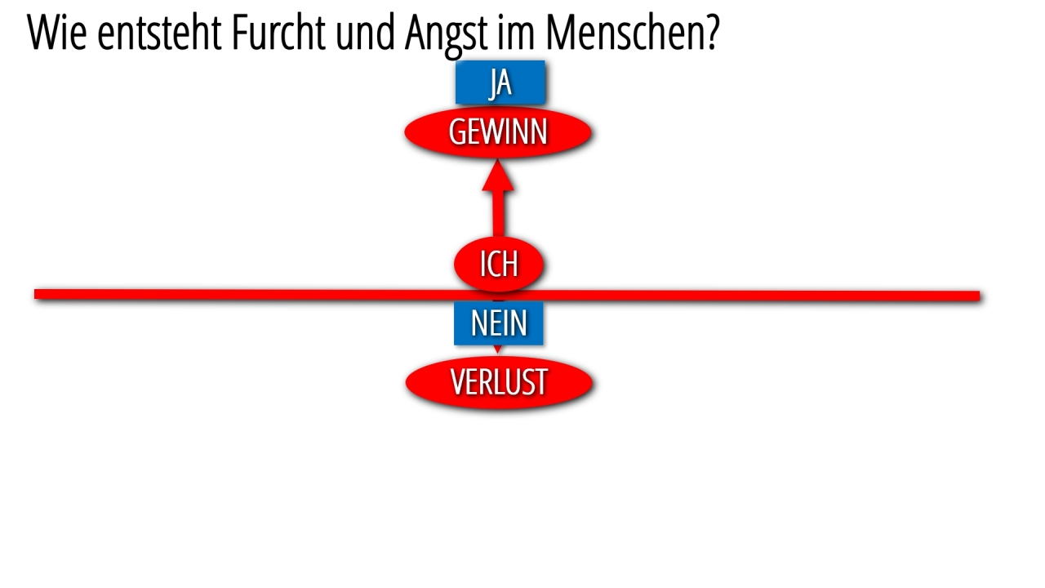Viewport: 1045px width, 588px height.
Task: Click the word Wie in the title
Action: tap(57, 33)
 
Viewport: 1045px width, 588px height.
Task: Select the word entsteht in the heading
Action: tap(159, 33)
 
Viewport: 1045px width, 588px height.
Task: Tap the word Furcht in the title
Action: tap(278, 32)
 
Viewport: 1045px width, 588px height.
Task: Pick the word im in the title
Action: tap(516, 33)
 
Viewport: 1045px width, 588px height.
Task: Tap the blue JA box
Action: tap(500, 82)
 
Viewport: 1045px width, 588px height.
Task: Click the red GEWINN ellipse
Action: tap(498, 132)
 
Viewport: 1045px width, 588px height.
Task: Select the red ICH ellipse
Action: tap(499, 264)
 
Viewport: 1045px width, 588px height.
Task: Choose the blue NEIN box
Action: tap(499, 323)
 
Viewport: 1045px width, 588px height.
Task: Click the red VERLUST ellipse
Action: tap(499, 383)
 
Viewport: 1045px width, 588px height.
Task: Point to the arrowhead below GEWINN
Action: tap(498, 175)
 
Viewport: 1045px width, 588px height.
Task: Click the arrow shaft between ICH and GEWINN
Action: tap(499, 214)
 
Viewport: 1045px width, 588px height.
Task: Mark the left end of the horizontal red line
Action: tap(35, 294)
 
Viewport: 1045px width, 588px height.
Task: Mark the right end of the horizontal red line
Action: tap(979, 296)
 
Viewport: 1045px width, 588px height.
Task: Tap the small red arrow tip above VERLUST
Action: tap(498, 350)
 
